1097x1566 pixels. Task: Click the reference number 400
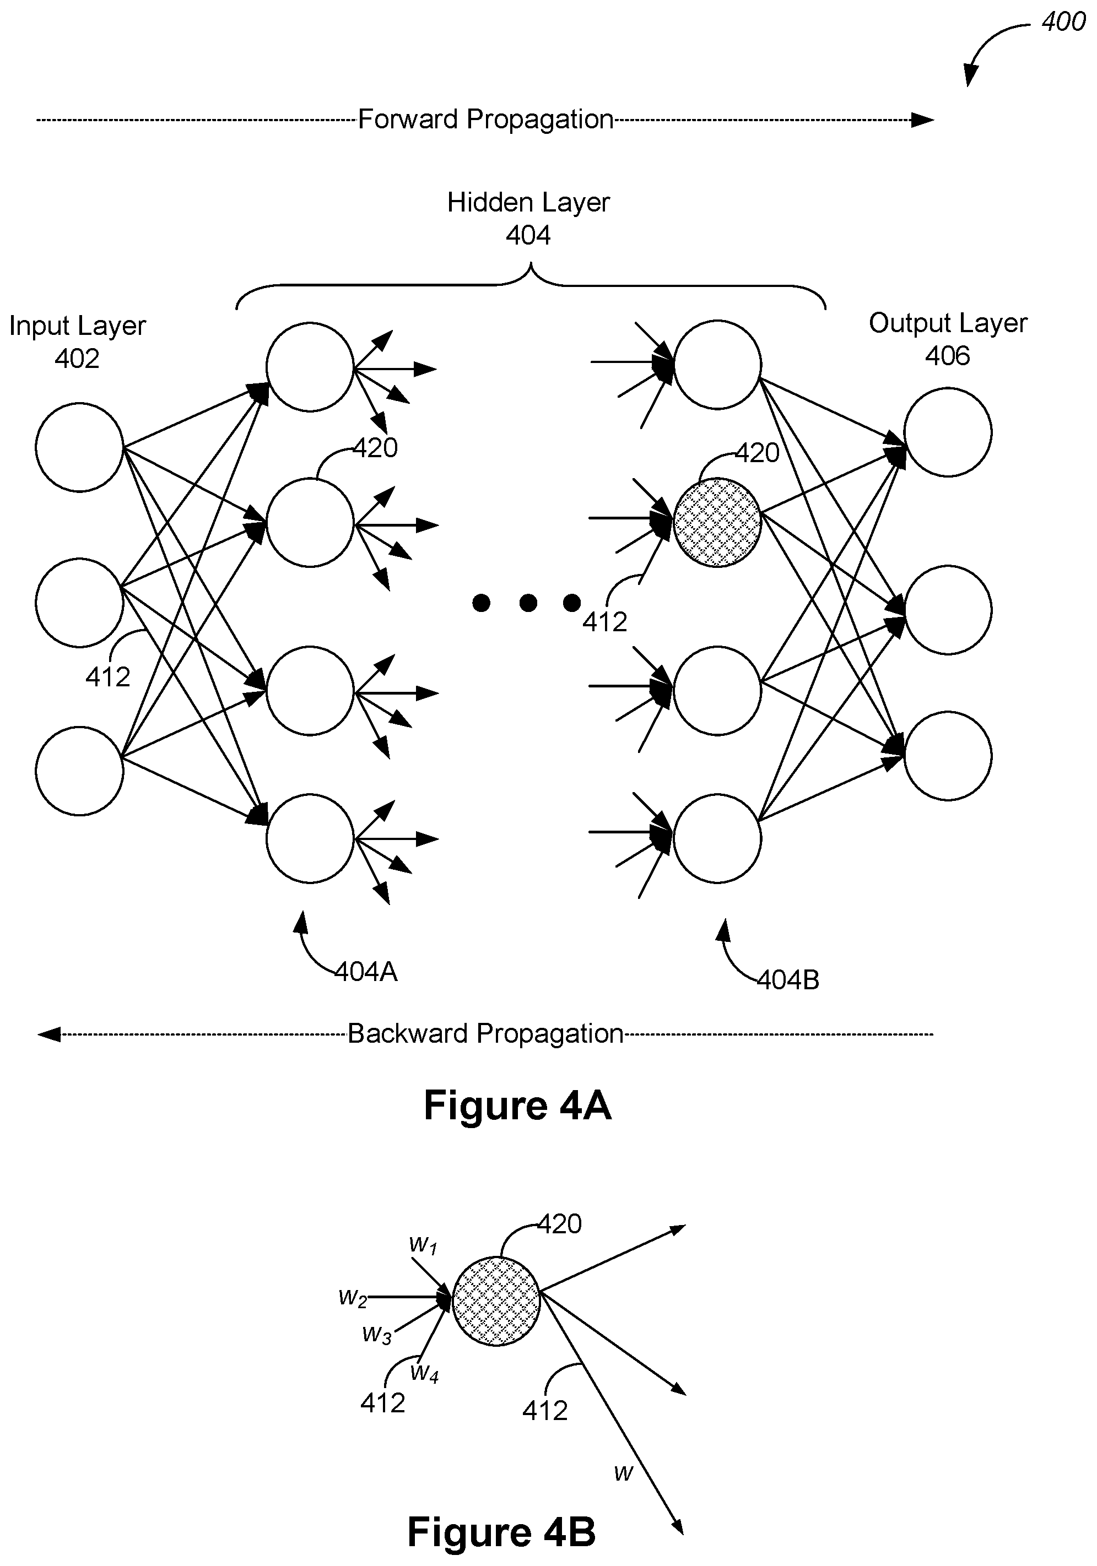coord(1063,22)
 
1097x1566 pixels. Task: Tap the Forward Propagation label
coord(486,120)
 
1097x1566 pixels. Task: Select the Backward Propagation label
coord(486,1034)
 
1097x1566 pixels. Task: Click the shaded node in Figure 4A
coord(717,522)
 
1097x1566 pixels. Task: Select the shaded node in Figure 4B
coord(496,1302)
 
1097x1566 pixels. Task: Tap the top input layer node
coord(80,447)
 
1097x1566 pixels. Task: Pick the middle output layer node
coord(948,609)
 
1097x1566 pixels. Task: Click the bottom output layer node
coord(948,756)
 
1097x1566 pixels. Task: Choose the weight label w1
coord(423,1245)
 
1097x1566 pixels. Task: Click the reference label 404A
coord(366,971)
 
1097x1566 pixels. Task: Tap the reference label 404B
coord(788,980)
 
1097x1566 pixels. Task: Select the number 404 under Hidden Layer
coord(528,235)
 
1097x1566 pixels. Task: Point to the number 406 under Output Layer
coord(948,355)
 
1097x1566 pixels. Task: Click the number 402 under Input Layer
coord(77,358)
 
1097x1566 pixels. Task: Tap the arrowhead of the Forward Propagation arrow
coord(922,120)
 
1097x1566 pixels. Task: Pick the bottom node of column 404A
coord(310,838)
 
